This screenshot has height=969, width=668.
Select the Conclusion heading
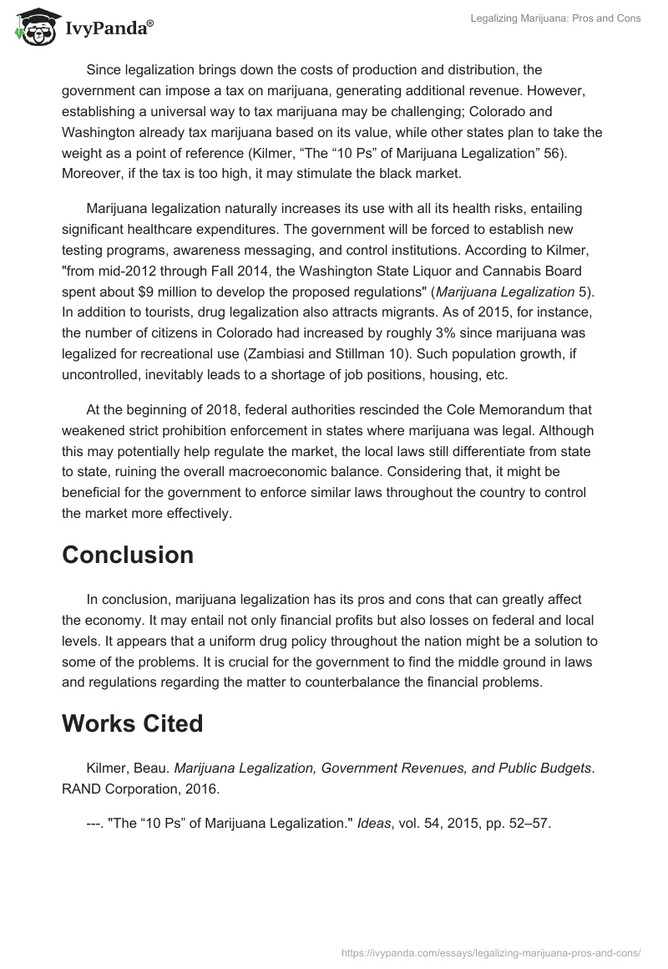click(128, 555)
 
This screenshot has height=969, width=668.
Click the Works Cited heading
click(132, 723)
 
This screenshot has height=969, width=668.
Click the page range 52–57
click(529, 823)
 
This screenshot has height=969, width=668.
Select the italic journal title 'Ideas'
click(373, 823)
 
